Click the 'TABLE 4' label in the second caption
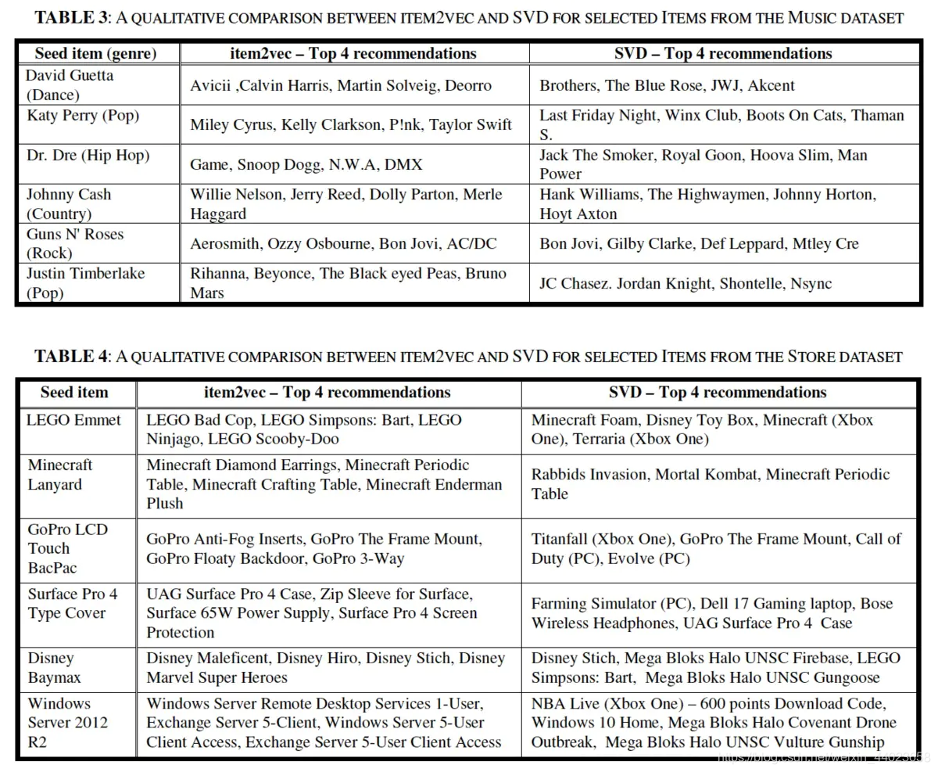click(x=71, y=357)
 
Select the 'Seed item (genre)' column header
click(x=96, y=53)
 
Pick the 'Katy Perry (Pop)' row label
click(x=82, y=116)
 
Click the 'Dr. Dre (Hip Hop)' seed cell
click(x=87, y=156)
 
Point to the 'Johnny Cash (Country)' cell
click(x=68, y=204)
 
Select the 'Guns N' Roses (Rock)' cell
click(x=74, y=243)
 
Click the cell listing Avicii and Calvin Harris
click(x=341, y=85)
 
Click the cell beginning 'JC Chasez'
click(x=686, y=283)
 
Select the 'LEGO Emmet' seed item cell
click(x=73, y=420)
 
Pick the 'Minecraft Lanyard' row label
click(x=60, y=474)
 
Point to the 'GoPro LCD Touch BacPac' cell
click(x=67, y=548)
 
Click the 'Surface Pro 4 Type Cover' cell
click(x=72, y=603)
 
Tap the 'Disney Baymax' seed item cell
click(x=54, y=668)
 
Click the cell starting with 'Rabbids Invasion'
click(x=710, y=484)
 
